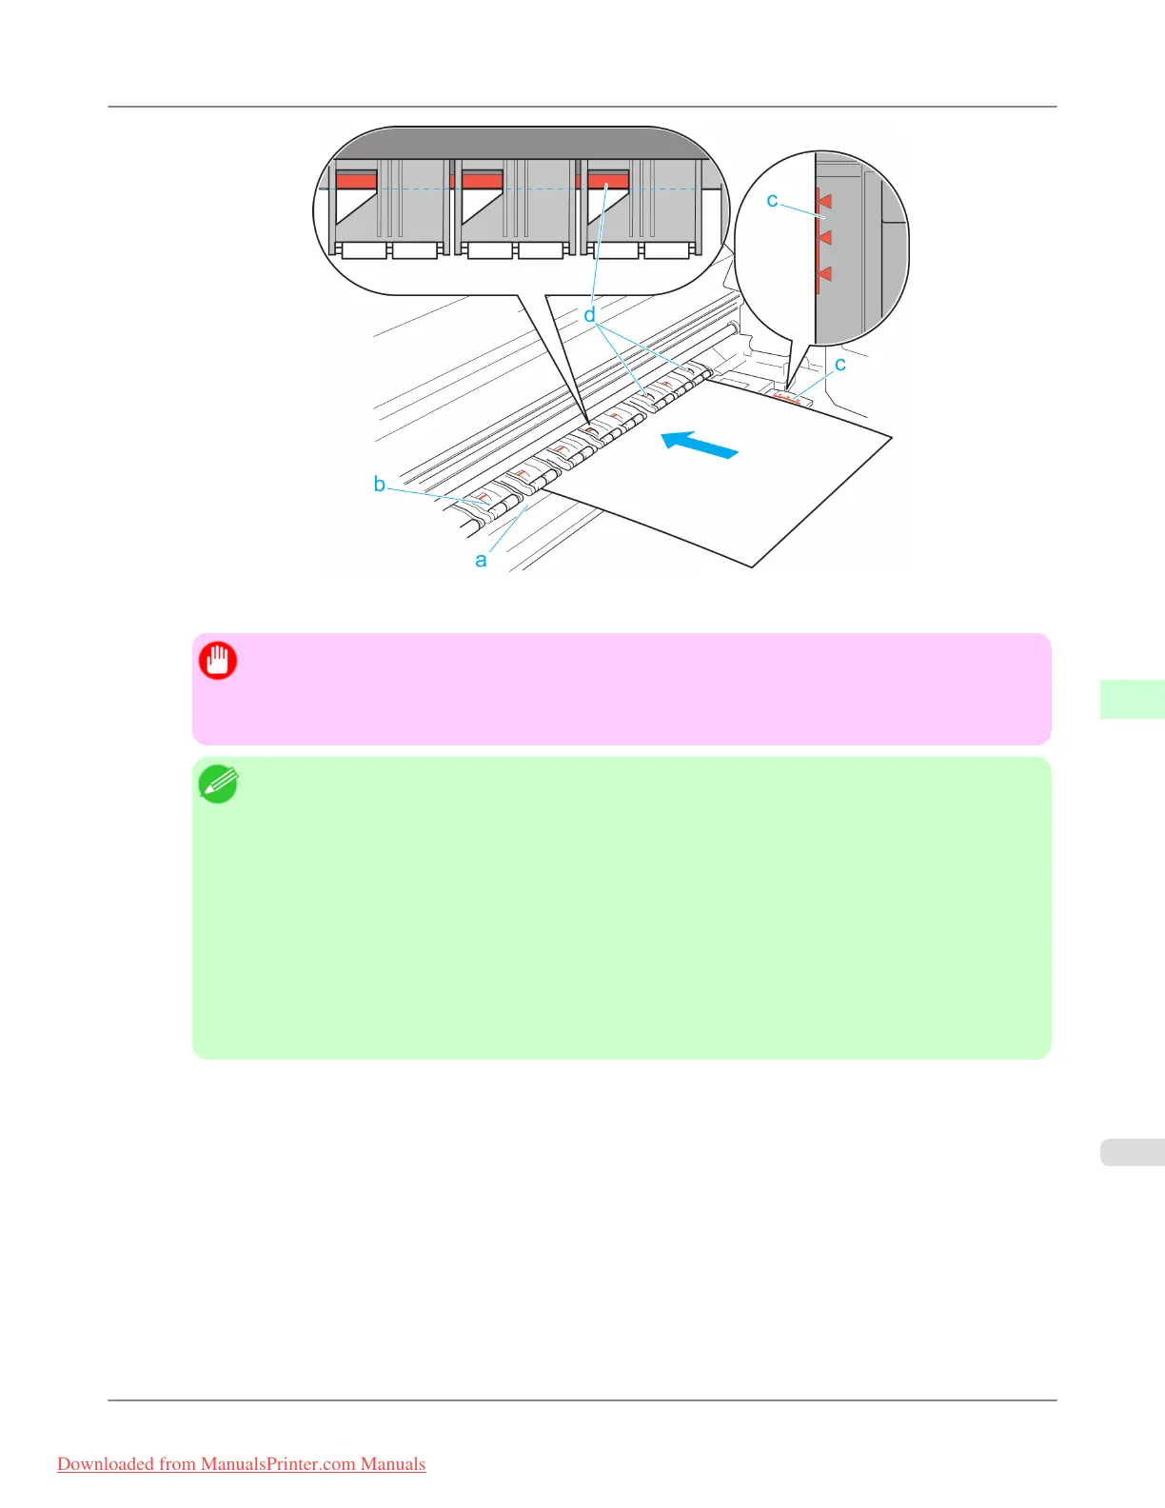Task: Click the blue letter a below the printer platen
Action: (x=481, y=561)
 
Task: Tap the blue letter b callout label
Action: (x=379, y=485)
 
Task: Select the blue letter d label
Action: (x=589, y=315)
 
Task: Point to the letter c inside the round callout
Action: (x=772, y=201)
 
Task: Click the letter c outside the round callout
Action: (x=839, y=365)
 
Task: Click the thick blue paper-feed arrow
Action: (x=700, y=445)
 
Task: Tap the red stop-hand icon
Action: (x=218, y=661)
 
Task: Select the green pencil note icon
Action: (x=218, y=784)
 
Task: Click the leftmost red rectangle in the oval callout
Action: (x=356, y=181)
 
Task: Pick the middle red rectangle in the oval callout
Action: (x=482, y=181)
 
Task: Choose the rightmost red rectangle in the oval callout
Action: (x=608, y=181)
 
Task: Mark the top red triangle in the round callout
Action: (x=824, y=201)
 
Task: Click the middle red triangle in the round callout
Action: (x=824, y=237)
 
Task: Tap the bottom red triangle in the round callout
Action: (x=824, y=274)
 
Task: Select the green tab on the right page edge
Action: (x=1132, y=699)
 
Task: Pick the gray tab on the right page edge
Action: (x=1132, y=1152)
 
